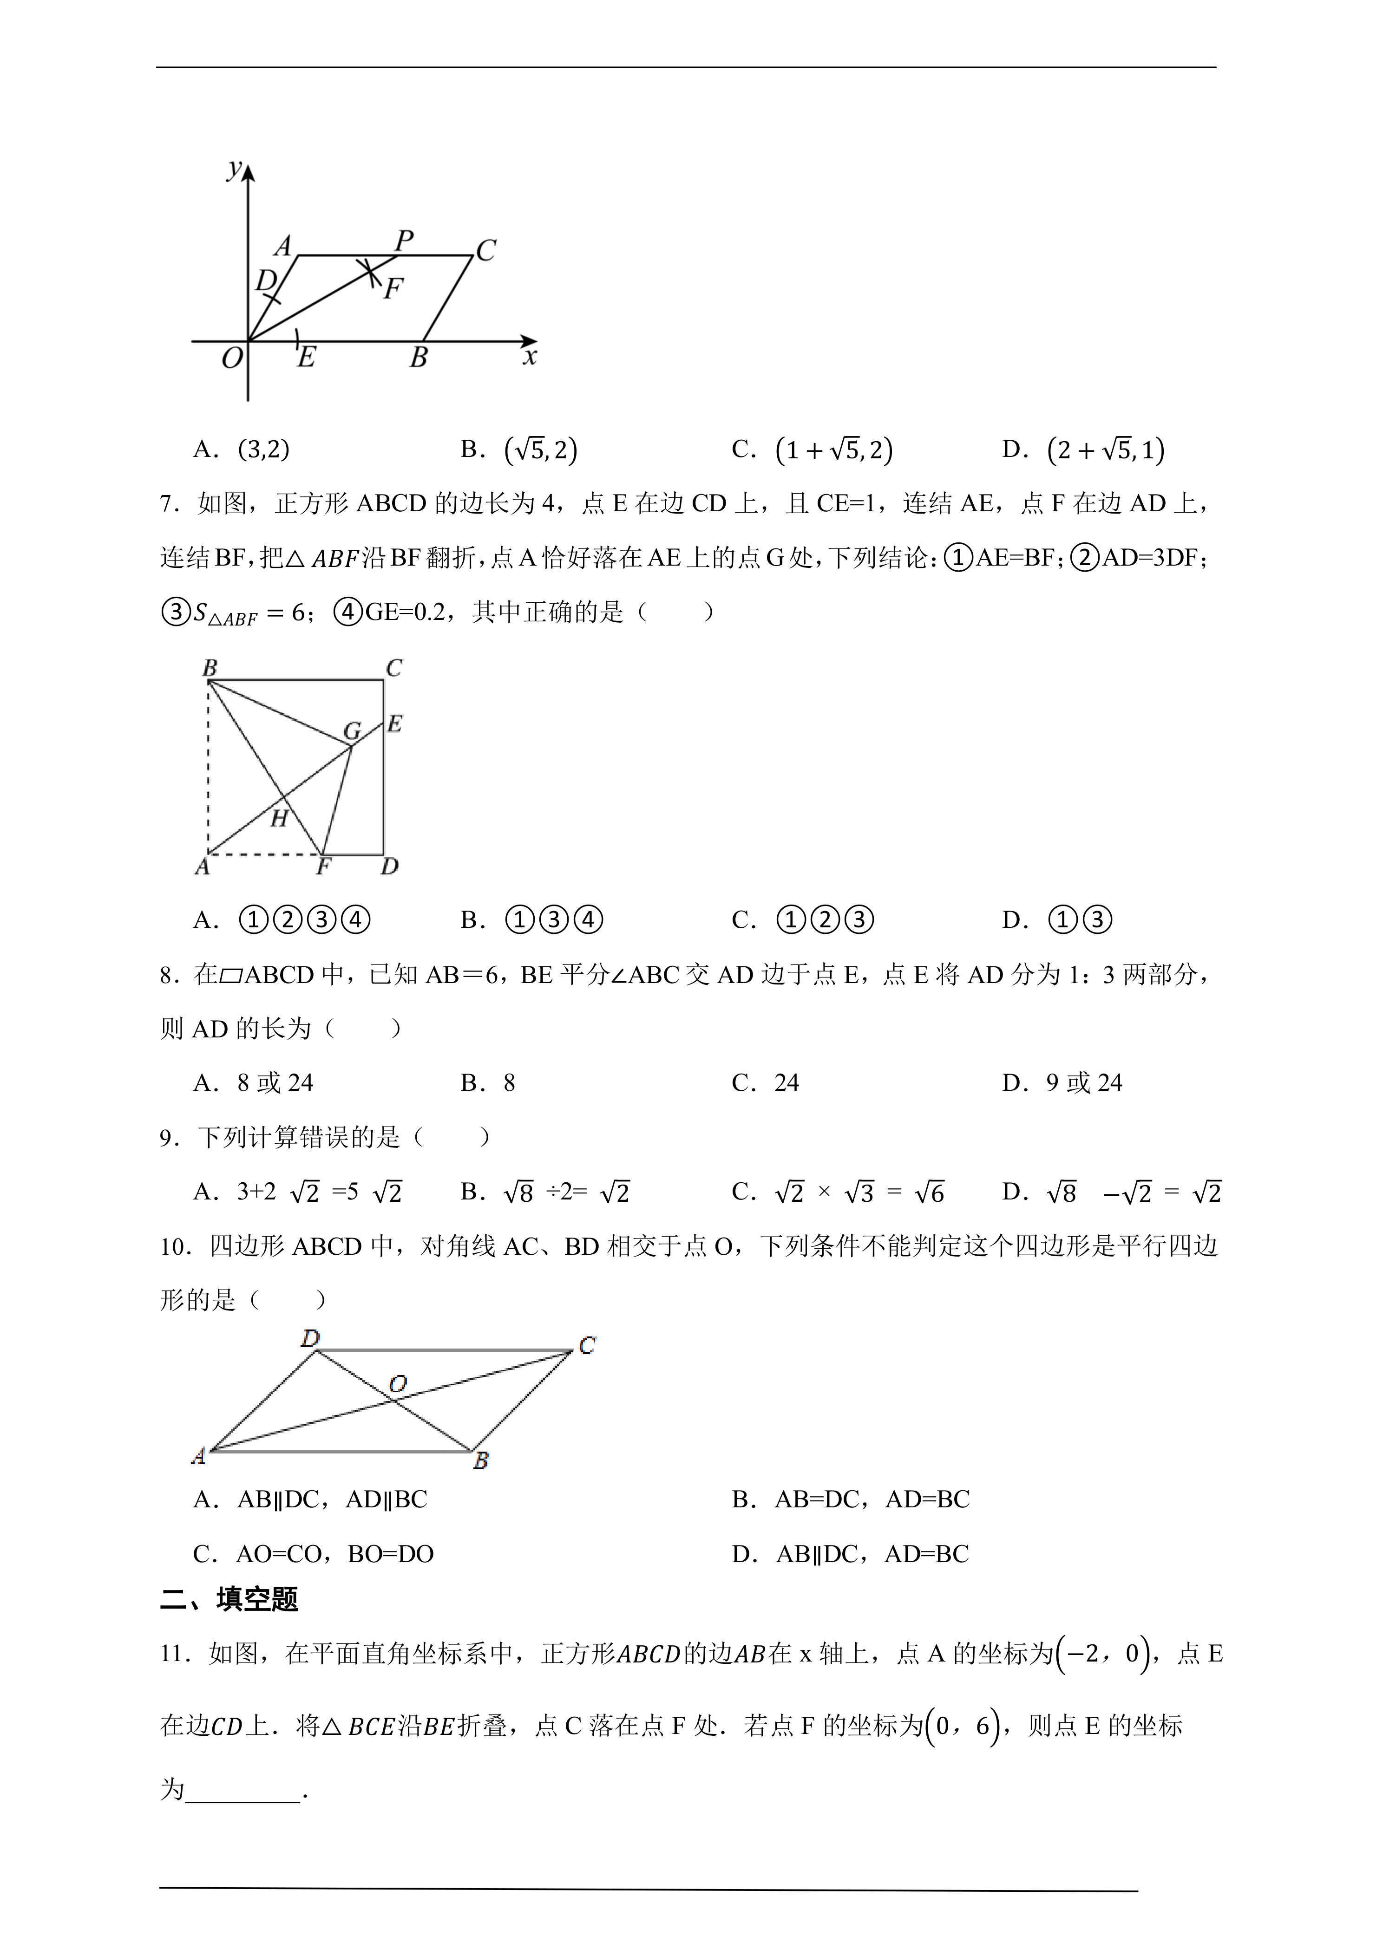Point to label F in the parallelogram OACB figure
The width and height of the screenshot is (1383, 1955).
tap(393, 289)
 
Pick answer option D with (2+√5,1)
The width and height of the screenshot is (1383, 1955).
tap(1083, 450)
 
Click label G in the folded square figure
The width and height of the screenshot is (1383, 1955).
tap(352, 730)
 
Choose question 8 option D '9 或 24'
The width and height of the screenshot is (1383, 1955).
tap(1063, 1083)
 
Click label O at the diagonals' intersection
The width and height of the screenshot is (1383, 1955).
tap(398, 1384)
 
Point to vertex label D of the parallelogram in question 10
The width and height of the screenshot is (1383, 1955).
tap(310, 1338)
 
